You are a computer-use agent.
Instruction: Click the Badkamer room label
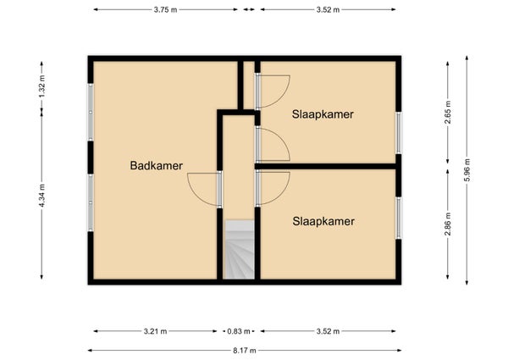pos(156,165)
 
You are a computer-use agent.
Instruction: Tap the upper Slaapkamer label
pos(323,114)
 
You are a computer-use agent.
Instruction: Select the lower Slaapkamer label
pos(323,221)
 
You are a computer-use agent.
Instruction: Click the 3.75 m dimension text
pos(165,9)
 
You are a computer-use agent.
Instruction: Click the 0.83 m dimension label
pos(239,331)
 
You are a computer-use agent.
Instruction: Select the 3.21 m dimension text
pos(155,331)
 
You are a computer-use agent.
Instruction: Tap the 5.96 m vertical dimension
pos(467,170)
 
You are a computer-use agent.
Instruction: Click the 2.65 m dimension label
pos(448,113)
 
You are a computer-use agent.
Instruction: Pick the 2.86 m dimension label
pos(448,224)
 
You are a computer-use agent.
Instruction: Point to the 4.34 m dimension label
pos(41,196)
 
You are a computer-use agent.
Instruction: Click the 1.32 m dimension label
pos(41,86)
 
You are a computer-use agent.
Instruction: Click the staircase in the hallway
pos(240,250)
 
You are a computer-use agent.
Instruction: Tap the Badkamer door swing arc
pos(196,194)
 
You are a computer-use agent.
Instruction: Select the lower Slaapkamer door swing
pos(281,194)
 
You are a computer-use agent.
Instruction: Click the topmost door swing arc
pos(281,97)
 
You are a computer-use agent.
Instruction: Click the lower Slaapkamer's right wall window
pos(399,218)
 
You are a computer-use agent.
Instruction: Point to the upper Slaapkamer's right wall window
pos(399,132)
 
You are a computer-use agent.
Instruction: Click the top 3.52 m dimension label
pos(328,9)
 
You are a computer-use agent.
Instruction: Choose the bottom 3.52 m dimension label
pos(328,331)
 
